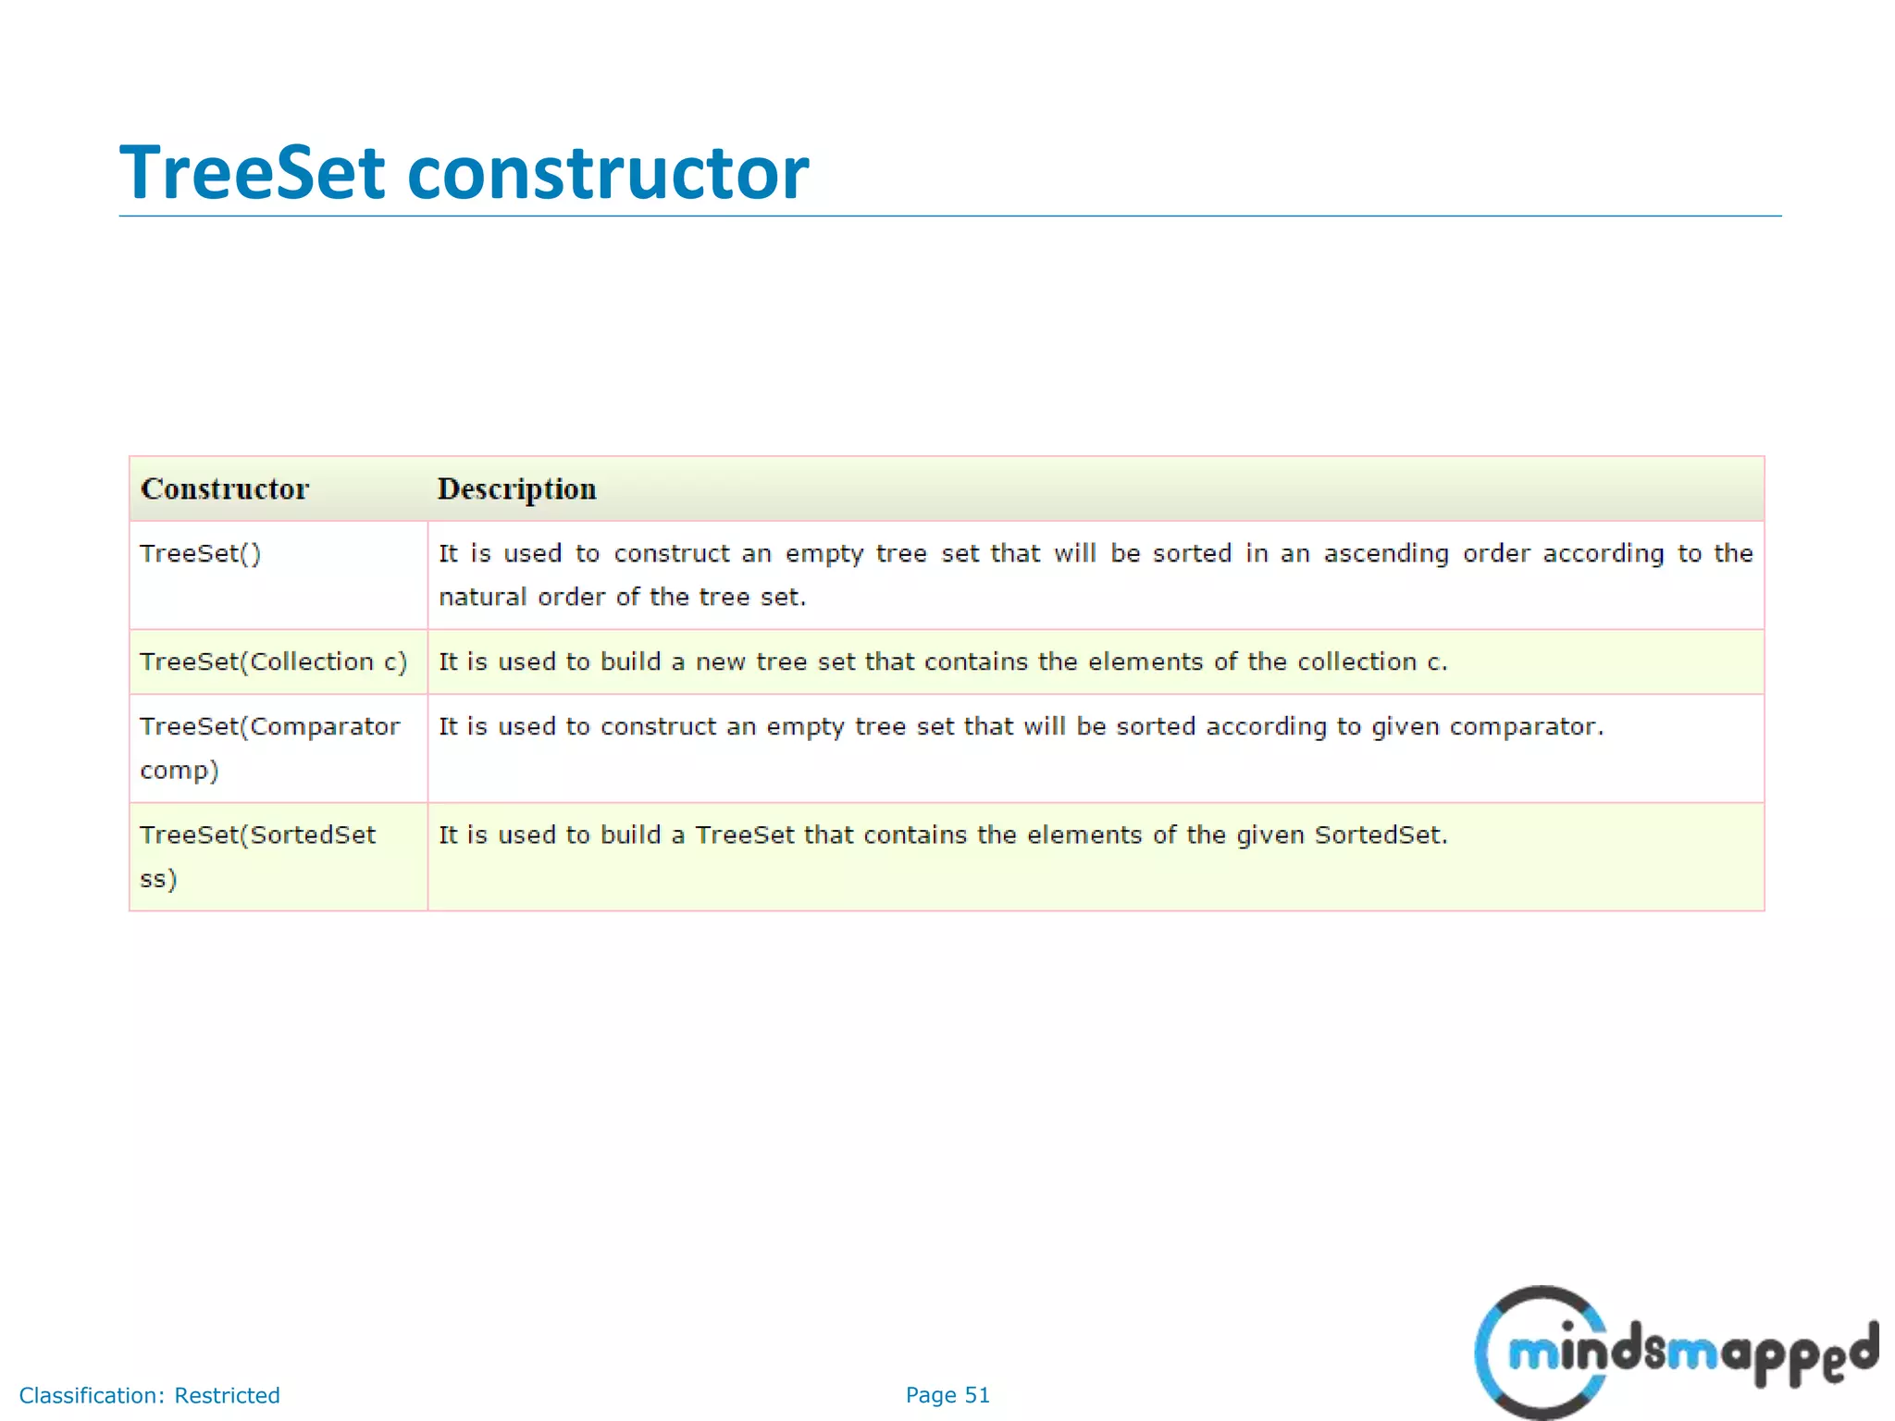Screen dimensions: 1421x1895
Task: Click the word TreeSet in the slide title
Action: pos(252,173)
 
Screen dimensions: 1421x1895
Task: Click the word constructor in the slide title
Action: pos(608,173)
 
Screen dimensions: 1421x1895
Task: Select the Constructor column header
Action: pos(225,488)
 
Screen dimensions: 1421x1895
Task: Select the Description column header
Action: pos(516,488)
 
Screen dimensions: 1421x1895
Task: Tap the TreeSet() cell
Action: pos(201,554)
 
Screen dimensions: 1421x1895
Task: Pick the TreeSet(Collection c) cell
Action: pos(273,662)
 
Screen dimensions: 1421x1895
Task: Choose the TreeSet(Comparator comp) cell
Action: pos(269,748)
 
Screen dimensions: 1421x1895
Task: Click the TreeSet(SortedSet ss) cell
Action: pos(257,856)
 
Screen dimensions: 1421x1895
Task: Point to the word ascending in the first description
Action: pos(1386,554)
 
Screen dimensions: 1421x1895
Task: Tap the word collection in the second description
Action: pos(1356,662)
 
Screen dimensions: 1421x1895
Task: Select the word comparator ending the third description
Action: pos(1525,727)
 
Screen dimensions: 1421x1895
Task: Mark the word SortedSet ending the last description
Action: pos(1379,835)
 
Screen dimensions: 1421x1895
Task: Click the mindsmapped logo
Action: pos(1675,1353)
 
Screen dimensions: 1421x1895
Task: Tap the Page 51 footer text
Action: pos(947,1395)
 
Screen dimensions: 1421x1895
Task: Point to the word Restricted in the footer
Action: pos(227,1396)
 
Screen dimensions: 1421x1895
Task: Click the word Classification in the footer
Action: pos(91,1396)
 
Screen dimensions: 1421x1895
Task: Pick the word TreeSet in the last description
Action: pos(745,835)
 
